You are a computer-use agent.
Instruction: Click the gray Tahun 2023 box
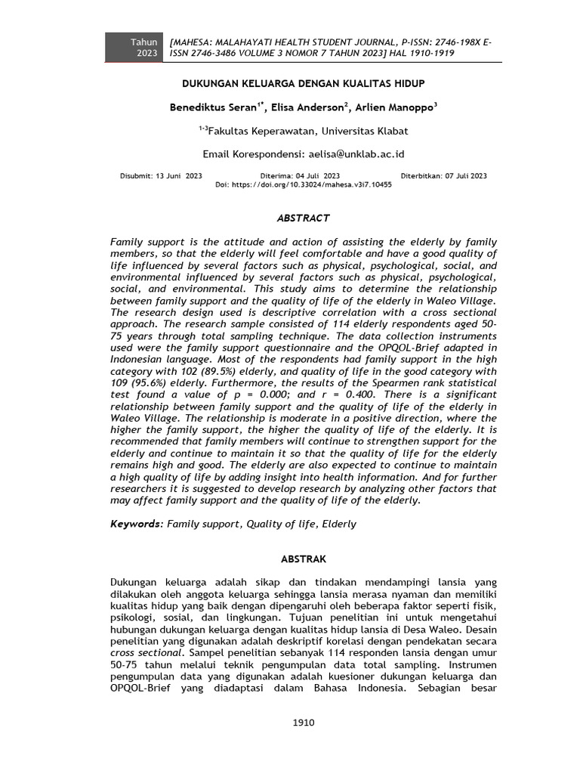click(133, 48)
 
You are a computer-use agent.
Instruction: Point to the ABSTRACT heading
click(304, 218)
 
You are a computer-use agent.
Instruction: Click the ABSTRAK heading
click(304, 559)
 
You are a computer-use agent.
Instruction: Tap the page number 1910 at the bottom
click(303, 723)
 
